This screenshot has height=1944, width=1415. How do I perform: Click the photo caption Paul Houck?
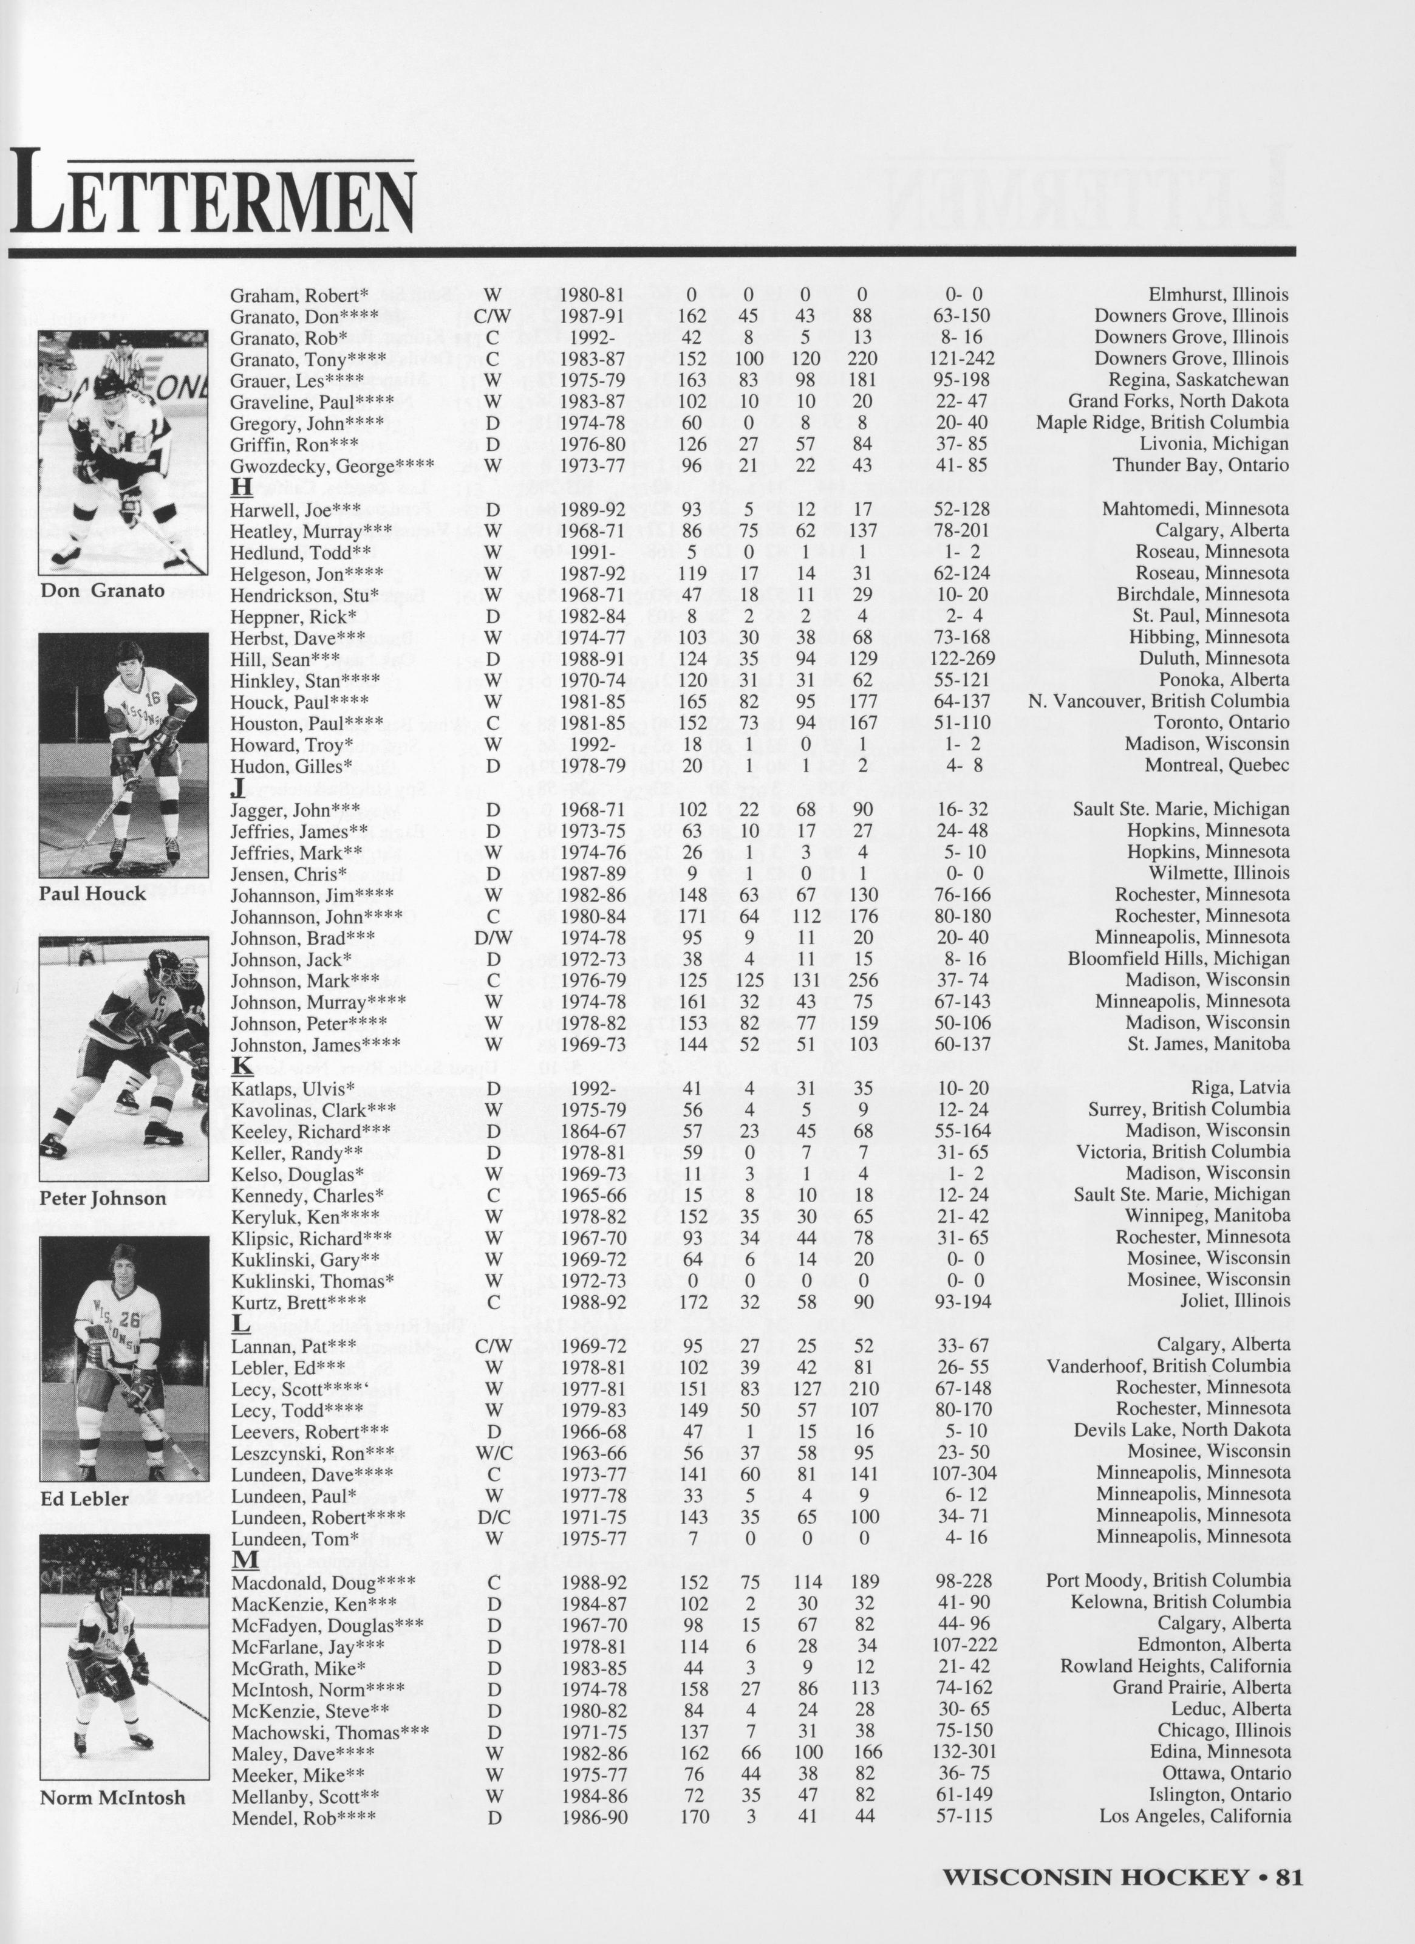[92, 894]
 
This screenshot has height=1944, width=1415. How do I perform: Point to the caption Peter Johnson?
[103, 1198]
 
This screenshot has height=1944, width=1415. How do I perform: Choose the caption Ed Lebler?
[84, 1499]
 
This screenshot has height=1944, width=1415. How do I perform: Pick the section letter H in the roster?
[241, 487]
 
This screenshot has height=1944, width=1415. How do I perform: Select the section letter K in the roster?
[242, 1066]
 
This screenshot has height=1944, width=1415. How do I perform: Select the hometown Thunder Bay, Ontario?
[1200, 465]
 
